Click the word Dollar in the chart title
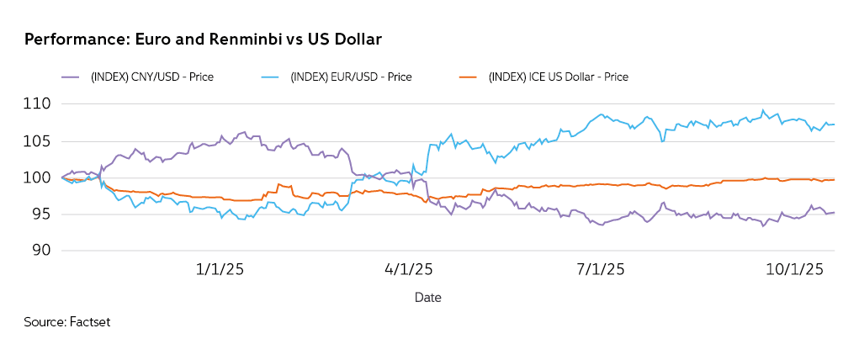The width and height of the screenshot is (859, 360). tap(359, 40)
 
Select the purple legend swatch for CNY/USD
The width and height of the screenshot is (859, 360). tap(72, 77)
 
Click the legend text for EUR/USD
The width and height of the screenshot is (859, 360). tap(350, 77)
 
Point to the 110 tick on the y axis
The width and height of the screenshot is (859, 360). tap(40, 104)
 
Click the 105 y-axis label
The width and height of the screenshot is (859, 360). tap(40, 141)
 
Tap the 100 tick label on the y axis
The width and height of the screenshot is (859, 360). tap(40, 177)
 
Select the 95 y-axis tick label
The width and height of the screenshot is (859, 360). tap(41, 214)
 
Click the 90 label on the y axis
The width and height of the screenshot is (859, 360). tap(41, 251)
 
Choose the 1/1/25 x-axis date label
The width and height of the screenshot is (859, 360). tap(219, 270)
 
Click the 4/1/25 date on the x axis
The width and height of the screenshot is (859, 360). tap(408, 270)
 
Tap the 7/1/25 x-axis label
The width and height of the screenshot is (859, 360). tap(600, 270)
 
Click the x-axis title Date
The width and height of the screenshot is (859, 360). tap(427, 298)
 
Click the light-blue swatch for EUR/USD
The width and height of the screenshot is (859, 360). tap(271, 77)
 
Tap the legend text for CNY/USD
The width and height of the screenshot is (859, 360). tap(152, 77)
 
